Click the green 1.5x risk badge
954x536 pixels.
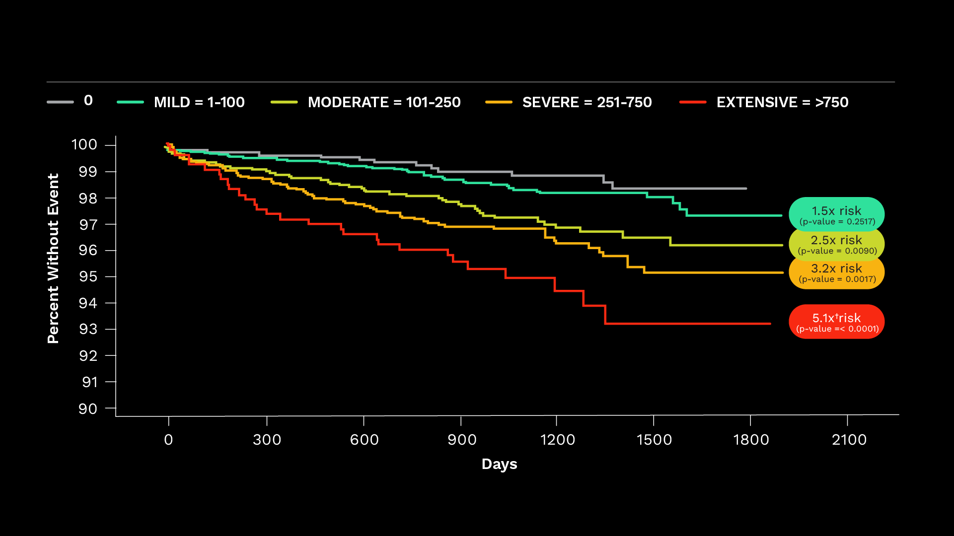coord(836,214)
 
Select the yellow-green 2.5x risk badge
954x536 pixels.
coord(837,244)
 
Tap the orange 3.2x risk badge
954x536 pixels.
coord(837,272)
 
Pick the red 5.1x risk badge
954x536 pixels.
coord(837,322)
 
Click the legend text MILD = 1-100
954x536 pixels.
coord(199,102)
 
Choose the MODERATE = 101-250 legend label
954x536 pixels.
coord(384,102)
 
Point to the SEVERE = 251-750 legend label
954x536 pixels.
coord(587,102)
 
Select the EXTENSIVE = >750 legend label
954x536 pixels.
coord(782,102)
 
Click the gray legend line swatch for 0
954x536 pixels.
coord(60,102)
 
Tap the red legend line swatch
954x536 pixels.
coord(693,102)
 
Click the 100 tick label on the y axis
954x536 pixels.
coord(84,145)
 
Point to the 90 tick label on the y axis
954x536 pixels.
coord(88,409)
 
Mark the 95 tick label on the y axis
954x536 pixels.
coord(88,276)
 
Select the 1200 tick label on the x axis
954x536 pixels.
coord(557,440)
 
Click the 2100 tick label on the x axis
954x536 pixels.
coord(849,440)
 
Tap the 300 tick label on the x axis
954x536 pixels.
coord(267,440)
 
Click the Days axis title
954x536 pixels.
coord(499,464)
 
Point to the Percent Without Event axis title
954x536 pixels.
coord(53,258)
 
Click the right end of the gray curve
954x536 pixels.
coord(746,189)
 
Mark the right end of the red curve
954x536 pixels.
coord(770,324)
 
